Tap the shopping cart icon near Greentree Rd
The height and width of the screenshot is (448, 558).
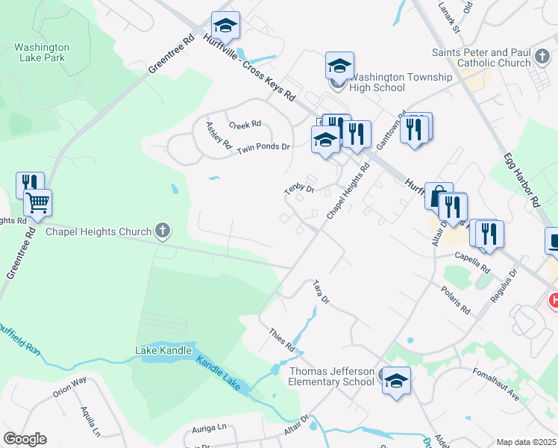(37, 202)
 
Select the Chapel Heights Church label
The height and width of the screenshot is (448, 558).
(98, 231)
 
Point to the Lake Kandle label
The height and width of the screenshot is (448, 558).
(163, 350)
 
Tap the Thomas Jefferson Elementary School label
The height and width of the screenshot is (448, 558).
(331, 376)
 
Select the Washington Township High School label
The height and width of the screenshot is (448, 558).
(401, 82)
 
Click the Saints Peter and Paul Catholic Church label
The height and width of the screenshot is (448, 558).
(480, 57)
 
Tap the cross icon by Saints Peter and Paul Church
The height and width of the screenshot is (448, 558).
(538, 62)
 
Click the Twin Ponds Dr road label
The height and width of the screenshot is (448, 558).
(263, 149)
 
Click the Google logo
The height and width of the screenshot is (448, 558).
(25, 439)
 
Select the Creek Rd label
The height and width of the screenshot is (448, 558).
(245, 124)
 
